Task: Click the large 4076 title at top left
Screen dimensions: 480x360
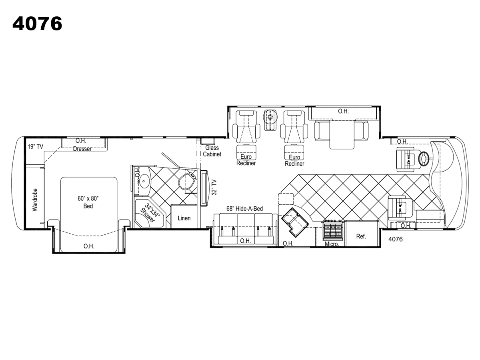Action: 37,23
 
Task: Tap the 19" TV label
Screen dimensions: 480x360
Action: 36,146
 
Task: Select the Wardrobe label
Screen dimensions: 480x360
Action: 35,200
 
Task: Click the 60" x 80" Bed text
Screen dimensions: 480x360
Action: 88,202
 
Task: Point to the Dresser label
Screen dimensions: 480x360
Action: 82,149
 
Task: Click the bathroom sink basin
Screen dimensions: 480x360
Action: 144,181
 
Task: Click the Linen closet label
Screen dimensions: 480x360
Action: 184,218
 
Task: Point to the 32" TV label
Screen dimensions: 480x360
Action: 214,187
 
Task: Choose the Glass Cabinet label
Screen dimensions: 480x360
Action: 212,151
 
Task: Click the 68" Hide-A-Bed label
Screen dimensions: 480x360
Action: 244,209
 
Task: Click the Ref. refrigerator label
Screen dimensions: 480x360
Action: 361,236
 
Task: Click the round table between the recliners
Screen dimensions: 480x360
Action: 270,117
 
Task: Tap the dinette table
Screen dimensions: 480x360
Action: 342,134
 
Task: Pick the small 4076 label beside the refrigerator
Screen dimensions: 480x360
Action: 395,239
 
